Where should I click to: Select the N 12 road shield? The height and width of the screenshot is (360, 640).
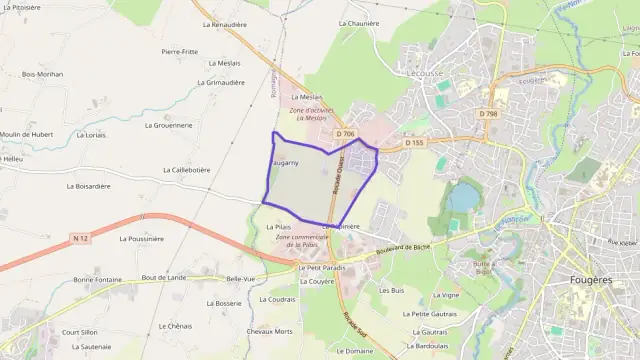coord(81,237)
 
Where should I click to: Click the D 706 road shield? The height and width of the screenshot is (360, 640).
coord(346,134)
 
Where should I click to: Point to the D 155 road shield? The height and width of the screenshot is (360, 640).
coord(415,143)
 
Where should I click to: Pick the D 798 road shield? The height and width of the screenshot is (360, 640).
coord(487,113)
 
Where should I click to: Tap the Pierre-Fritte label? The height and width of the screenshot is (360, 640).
coord(179,50)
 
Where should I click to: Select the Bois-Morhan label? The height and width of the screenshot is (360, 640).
coord(42,73)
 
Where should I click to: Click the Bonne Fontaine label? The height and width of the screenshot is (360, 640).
coord(97,279)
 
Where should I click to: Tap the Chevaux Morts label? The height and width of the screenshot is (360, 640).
coord(269,331)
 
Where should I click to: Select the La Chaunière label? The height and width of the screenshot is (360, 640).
coord(358,22)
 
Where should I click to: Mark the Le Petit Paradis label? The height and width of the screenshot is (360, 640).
coord(320,268)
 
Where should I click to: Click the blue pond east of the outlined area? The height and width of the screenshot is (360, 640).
coord(462,197)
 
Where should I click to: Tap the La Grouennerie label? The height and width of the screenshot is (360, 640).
coord(168,125)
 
